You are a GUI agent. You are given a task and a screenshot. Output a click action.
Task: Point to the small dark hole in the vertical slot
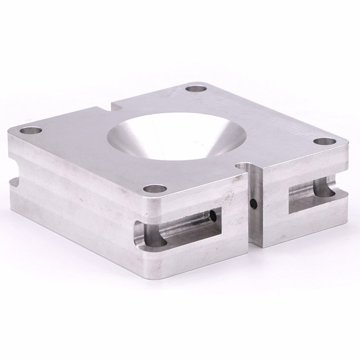(x=254, y=204)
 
